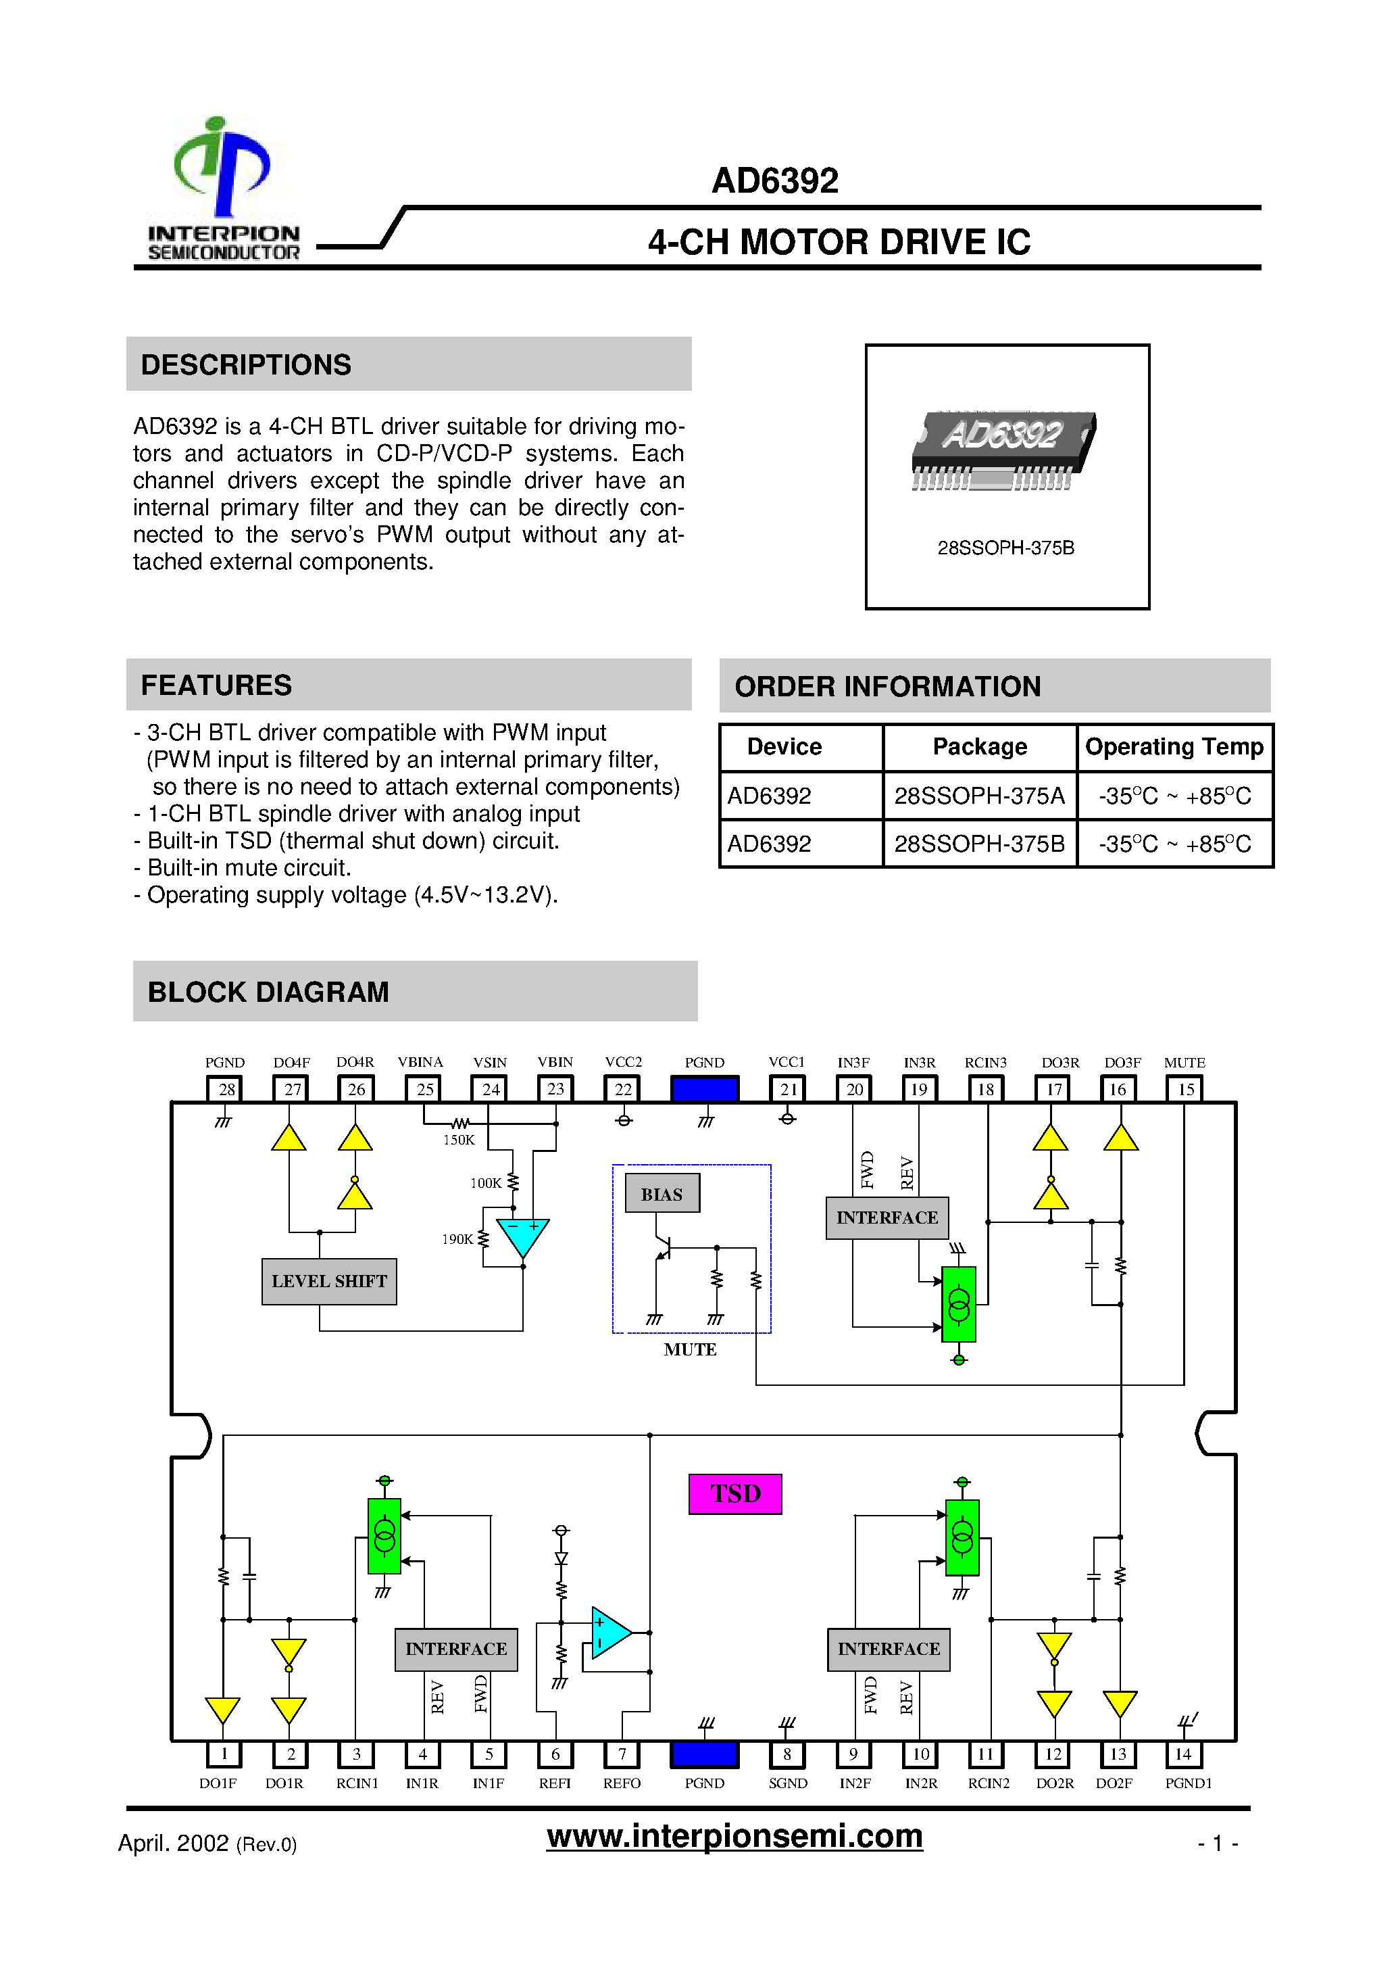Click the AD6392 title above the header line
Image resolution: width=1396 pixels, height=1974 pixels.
pyautogui.click(x=774, y=180)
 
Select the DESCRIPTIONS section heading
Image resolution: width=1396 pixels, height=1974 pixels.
pyautogui.click(x=246, y=364)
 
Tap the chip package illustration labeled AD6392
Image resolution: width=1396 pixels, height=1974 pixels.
pyautogui.click(x=1003, y=449)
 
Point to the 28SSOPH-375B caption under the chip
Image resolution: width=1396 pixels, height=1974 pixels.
pyautogui.click(x=1005, y=548)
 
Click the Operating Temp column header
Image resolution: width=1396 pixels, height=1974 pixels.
pyautogui.click(x=1174, y=746)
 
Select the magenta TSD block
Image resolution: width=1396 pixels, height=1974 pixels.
pyautogui.click(x=735, y=1493)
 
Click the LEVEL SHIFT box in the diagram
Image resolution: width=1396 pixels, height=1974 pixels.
pyautogui.click(x=329, y=1281)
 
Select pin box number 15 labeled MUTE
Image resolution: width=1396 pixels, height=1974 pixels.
pyautogui.click(x=1185, y=1089)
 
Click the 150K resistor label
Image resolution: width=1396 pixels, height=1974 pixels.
pyautogui.click(x=458, y=1140)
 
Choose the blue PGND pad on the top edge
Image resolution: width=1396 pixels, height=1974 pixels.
pyautogui.click(x=704, y=1089)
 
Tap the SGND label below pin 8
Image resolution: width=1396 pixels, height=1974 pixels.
pyautogui.click(x=787, y=1783)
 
